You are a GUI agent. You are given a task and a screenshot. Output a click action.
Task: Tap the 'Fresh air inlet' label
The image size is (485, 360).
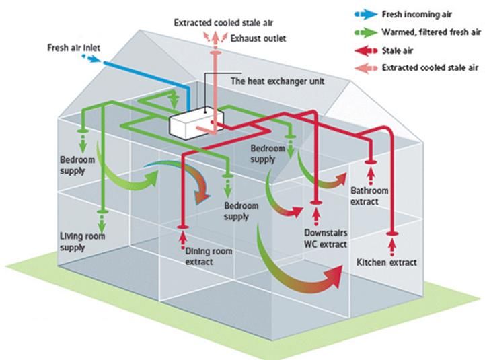click(x=73, y=48)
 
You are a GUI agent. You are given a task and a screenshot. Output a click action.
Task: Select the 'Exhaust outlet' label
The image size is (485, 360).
click(x=258, y=38)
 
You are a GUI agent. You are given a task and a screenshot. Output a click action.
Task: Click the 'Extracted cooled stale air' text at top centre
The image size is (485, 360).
click(x=217, y=22)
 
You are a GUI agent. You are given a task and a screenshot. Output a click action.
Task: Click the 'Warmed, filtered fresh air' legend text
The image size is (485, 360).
click(x=422, y=31)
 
